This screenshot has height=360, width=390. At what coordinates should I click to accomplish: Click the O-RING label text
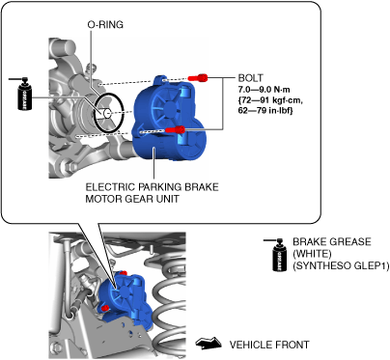[x=105, y=25]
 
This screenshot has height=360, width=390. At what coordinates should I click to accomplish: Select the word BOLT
[x=250, y=78]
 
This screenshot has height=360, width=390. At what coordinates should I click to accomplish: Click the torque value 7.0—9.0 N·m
[x=264, y=90]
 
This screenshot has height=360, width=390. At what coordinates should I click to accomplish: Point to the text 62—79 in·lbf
[x=265, y=111]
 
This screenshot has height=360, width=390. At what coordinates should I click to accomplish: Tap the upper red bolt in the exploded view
[x=198, y=77]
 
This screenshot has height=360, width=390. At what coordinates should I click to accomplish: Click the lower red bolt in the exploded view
[x=175, y=129]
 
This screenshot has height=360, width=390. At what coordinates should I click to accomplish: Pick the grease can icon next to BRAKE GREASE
[x=279, y=255]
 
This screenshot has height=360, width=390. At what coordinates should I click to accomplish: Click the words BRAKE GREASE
[x=332, y=242]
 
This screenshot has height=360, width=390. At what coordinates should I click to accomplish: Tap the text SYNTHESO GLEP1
[x=341, y=266]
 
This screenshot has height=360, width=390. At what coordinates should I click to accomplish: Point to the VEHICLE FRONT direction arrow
[x=209, y=343]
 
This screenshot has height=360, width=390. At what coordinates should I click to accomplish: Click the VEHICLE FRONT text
[x=269, y=345]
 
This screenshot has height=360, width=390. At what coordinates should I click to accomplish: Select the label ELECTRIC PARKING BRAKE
[x=152, y=187]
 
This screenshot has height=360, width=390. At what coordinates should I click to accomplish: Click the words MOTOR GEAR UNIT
[x=132, y=199]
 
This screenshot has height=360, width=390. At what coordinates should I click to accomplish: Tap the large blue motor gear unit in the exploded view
[x=170, y=120]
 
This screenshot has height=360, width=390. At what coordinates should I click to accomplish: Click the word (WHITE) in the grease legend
[x=312, y=254]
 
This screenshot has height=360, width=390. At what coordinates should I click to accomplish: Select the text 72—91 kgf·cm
[x=270, y=100]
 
